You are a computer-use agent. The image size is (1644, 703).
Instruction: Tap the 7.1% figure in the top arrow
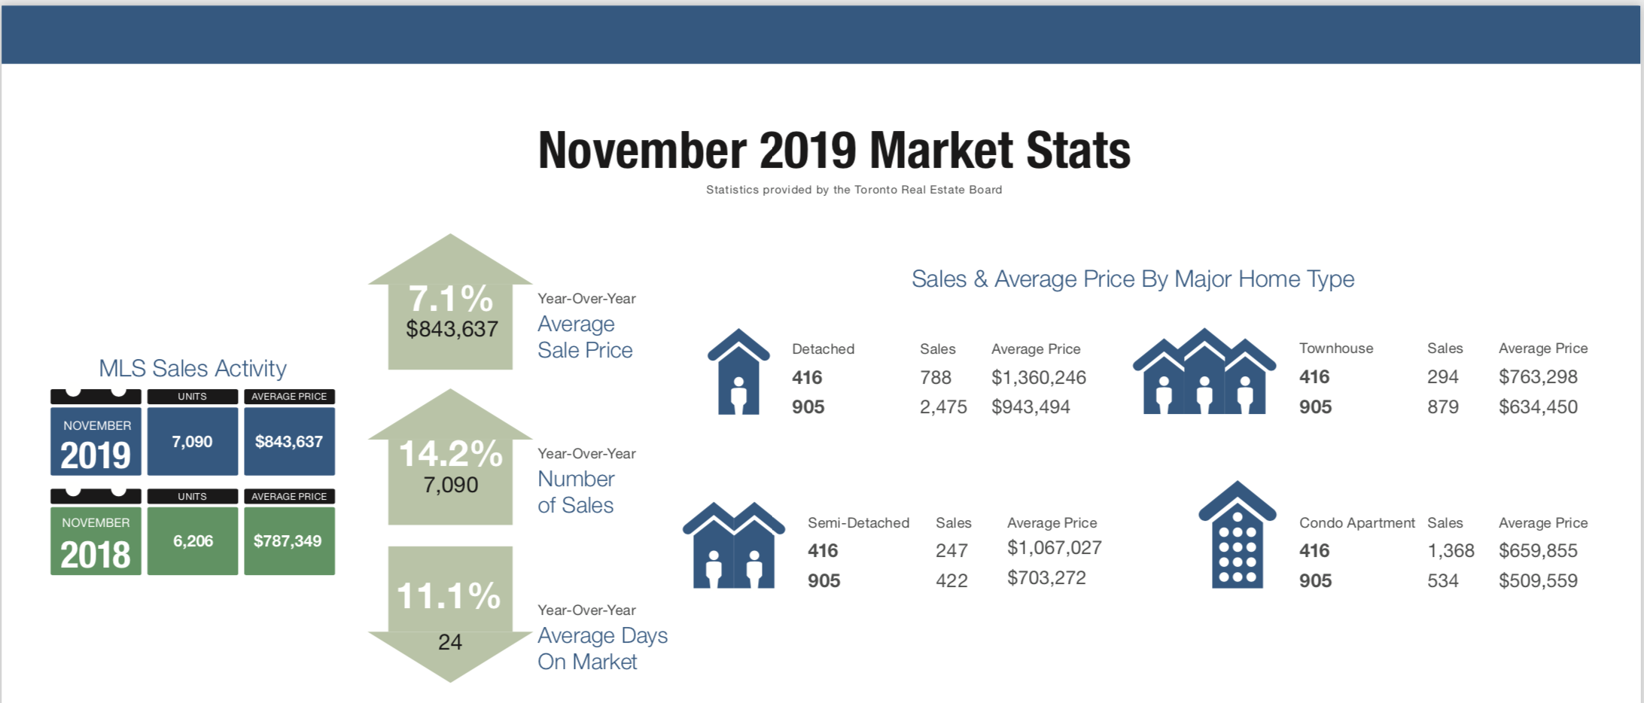tap(450, 299)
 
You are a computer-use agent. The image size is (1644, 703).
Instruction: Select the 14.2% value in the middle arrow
tap(450, 454)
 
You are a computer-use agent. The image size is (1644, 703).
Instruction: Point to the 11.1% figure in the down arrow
tap(449, 596)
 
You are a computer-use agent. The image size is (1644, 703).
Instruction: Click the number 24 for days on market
tap(450, 642)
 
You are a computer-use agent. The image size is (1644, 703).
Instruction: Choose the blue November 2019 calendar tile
tap(96, 442)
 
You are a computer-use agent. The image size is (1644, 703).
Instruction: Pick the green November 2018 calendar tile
tap(96, 541)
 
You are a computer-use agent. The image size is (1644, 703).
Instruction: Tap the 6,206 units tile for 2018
tap(193, 541)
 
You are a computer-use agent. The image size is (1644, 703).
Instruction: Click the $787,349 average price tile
tap(288, 541)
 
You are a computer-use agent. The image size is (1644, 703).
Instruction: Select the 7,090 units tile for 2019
tap(193, 442)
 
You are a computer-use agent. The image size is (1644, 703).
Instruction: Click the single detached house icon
tap(738, 373)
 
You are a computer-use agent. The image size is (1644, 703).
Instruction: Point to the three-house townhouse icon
tap(1204, 372)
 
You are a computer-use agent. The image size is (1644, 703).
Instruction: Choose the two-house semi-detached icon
tap(733, 546)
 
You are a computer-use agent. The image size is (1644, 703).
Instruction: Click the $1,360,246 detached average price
tap(1039, 378)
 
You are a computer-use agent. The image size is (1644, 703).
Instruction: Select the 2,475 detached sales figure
tap(943, 407)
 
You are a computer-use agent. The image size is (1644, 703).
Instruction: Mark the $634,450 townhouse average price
tap(1538, 407)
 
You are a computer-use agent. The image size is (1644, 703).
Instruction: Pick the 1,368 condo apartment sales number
tap(1451, 551)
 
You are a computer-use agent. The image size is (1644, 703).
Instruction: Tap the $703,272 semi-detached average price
tap(1046, 578)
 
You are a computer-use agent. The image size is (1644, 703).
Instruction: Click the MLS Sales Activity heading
tap(193, 368)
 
